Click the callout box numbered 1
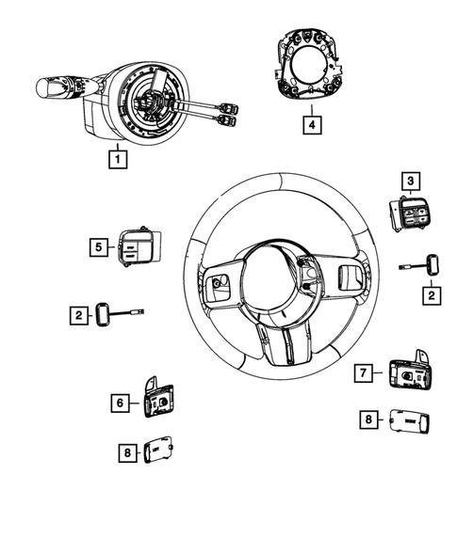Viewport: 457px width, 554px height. point(116,160)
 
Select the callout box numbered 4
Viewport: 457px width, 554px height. point(309,121)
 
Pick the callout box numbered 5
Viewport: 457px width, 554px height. point(97,246)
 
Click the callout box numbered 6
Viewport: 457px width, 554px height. point(119,403)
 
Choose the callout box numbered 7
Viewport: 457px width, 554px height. point(361,372)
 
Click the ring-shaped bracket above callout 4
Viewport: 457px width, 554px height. point(310,66)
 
